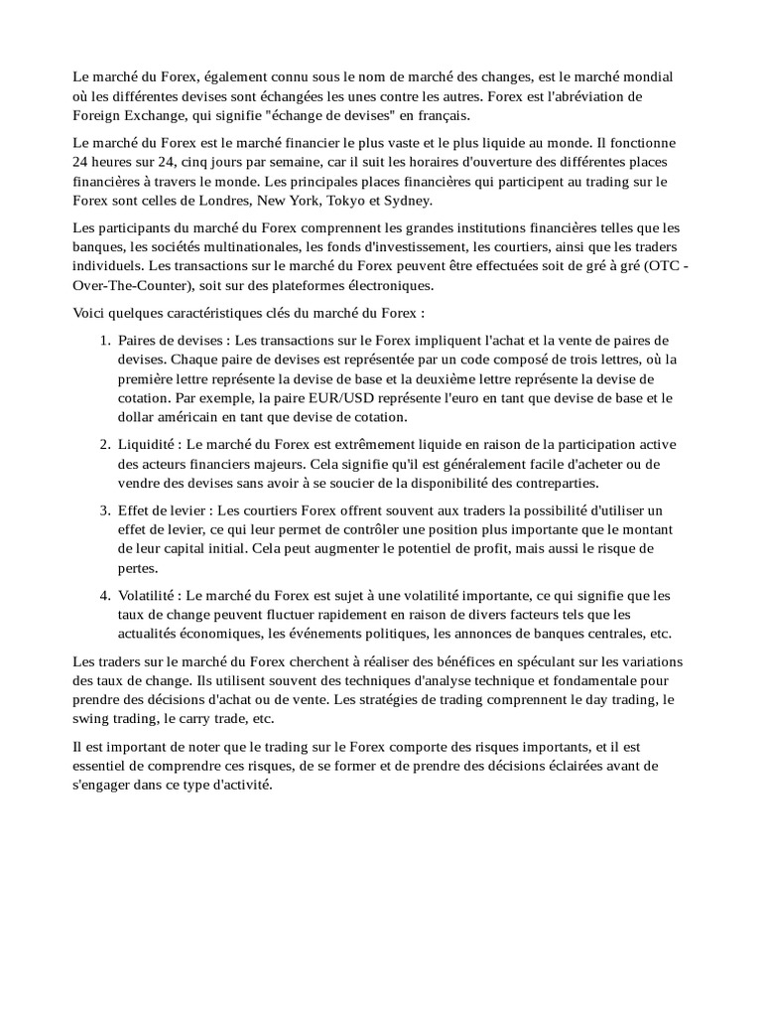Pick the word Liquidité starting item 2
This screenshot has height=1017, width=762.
click(x=146, y=445)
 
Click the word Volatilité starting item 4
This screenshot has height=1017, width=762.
click(x=148, y=595)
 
